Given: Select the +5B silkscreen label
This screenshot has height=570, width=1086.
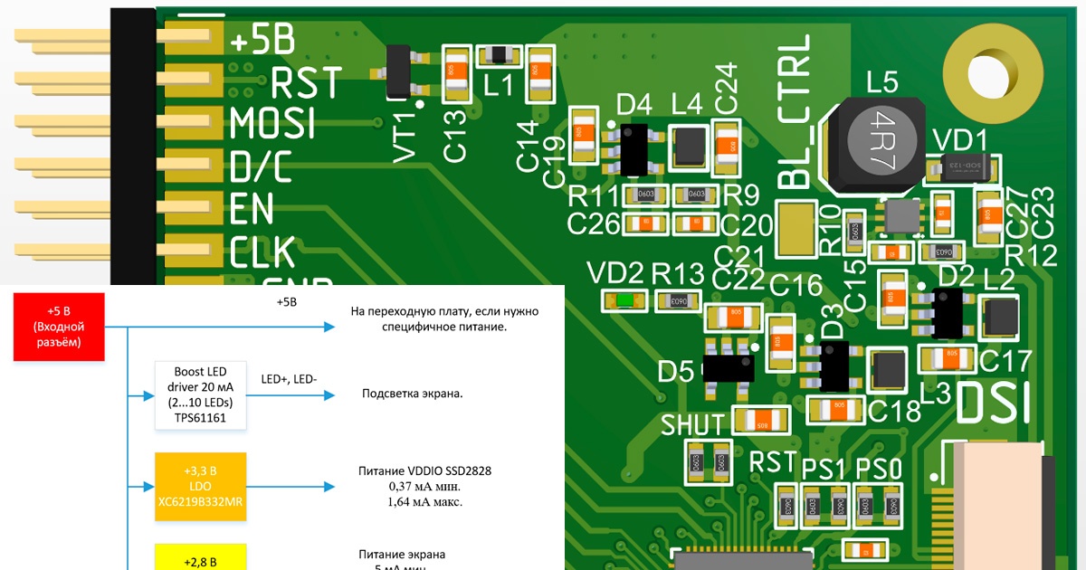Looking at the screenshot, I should (x=262, y=41).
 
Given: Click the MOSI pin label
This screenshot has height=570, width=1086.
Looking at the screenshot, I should (x=272, y=123).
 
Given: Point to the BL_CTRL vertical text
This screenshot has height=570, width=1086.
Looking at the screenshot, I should (x=795, y=112).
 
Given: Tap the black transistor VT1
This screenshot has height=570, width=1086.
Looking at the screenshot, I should (x=399, y=72).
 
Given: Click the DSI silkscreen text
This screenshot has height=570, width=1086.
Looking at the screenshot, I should (x=994, y=403).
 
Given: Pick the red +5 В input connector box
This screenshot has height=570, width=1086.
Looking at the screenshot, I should (x=58, y=325).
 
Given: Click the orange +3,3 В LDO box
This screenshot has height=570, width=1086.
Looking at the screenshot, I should (x=200, y=487).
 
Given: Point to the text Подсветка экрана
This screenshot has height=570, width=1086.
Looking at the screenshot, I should (x=412, y=394).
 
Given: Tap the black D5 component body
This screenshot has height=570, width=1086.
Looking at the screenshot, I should (x=728, y=368).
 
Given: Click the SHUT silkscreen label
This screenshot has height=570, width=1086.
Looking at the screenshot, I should (x=693, y=424).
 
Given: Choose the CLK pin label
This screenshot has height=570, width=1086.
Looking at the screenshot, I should (x=262, y=252).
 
